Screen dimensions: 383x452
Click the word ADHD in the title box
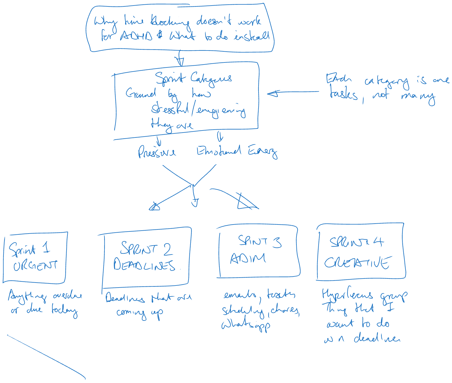(x=136, y=36)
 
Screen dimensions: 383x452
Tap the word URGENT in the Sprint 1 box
(x=35, y=265)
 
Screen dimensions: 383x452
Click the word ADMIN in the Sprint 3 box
(x=248, y=258)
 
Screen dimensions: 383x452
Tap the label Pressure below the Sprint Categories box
(x=157, y=152)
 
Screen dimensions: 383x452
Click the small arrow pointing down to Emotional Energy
(x=220, y=136)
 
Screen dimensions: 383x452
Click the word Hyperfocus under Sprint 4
(x=347, y=295)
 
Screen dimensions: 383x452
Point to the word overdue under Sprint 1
(x=67, y=296)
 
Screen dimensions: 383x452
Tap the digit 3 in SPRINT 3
(x=277, y=242)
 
